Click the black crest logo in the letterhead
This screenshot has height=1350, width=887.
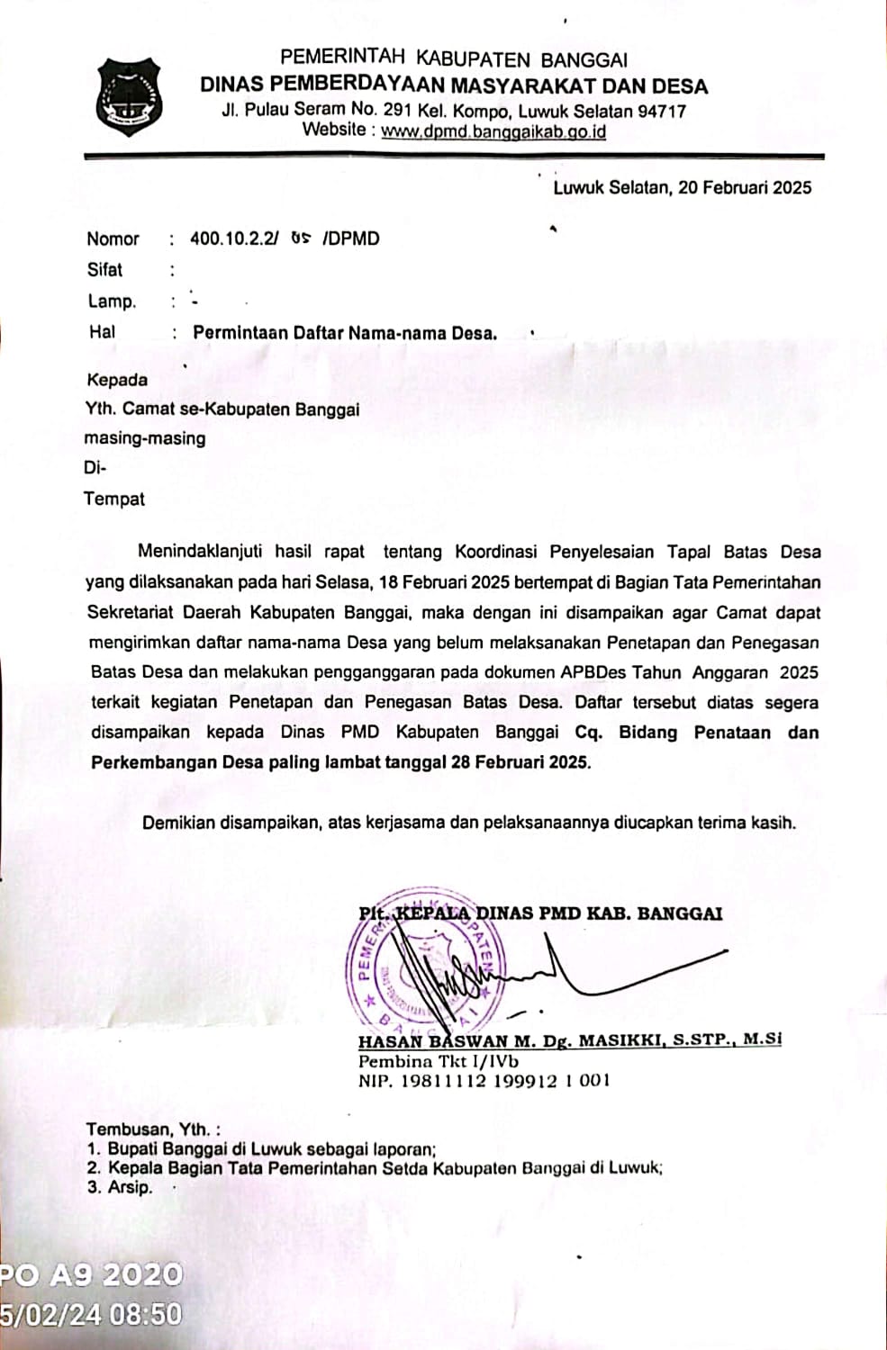[129, 96]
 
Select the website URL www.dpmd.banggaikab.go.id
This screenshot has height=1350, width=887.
[493, 131]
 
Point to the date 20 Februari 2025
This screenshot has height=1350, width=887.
[745, 188]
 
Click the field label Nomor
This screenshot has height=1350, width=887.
[113, 239]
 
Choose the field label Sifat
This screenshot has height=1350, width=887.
[104, 270]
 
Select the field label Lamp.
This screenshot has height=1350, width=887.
[111, 301]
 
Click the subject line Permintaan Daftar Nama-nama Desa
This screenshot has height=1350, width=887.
[344, 333]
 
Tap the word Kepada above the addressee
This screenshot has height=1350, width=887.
[117, 380]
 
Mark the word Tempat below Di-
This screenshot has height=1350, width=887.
[114, 499]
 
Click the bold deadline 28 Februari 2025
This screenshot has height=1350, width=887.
[520, 762]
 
